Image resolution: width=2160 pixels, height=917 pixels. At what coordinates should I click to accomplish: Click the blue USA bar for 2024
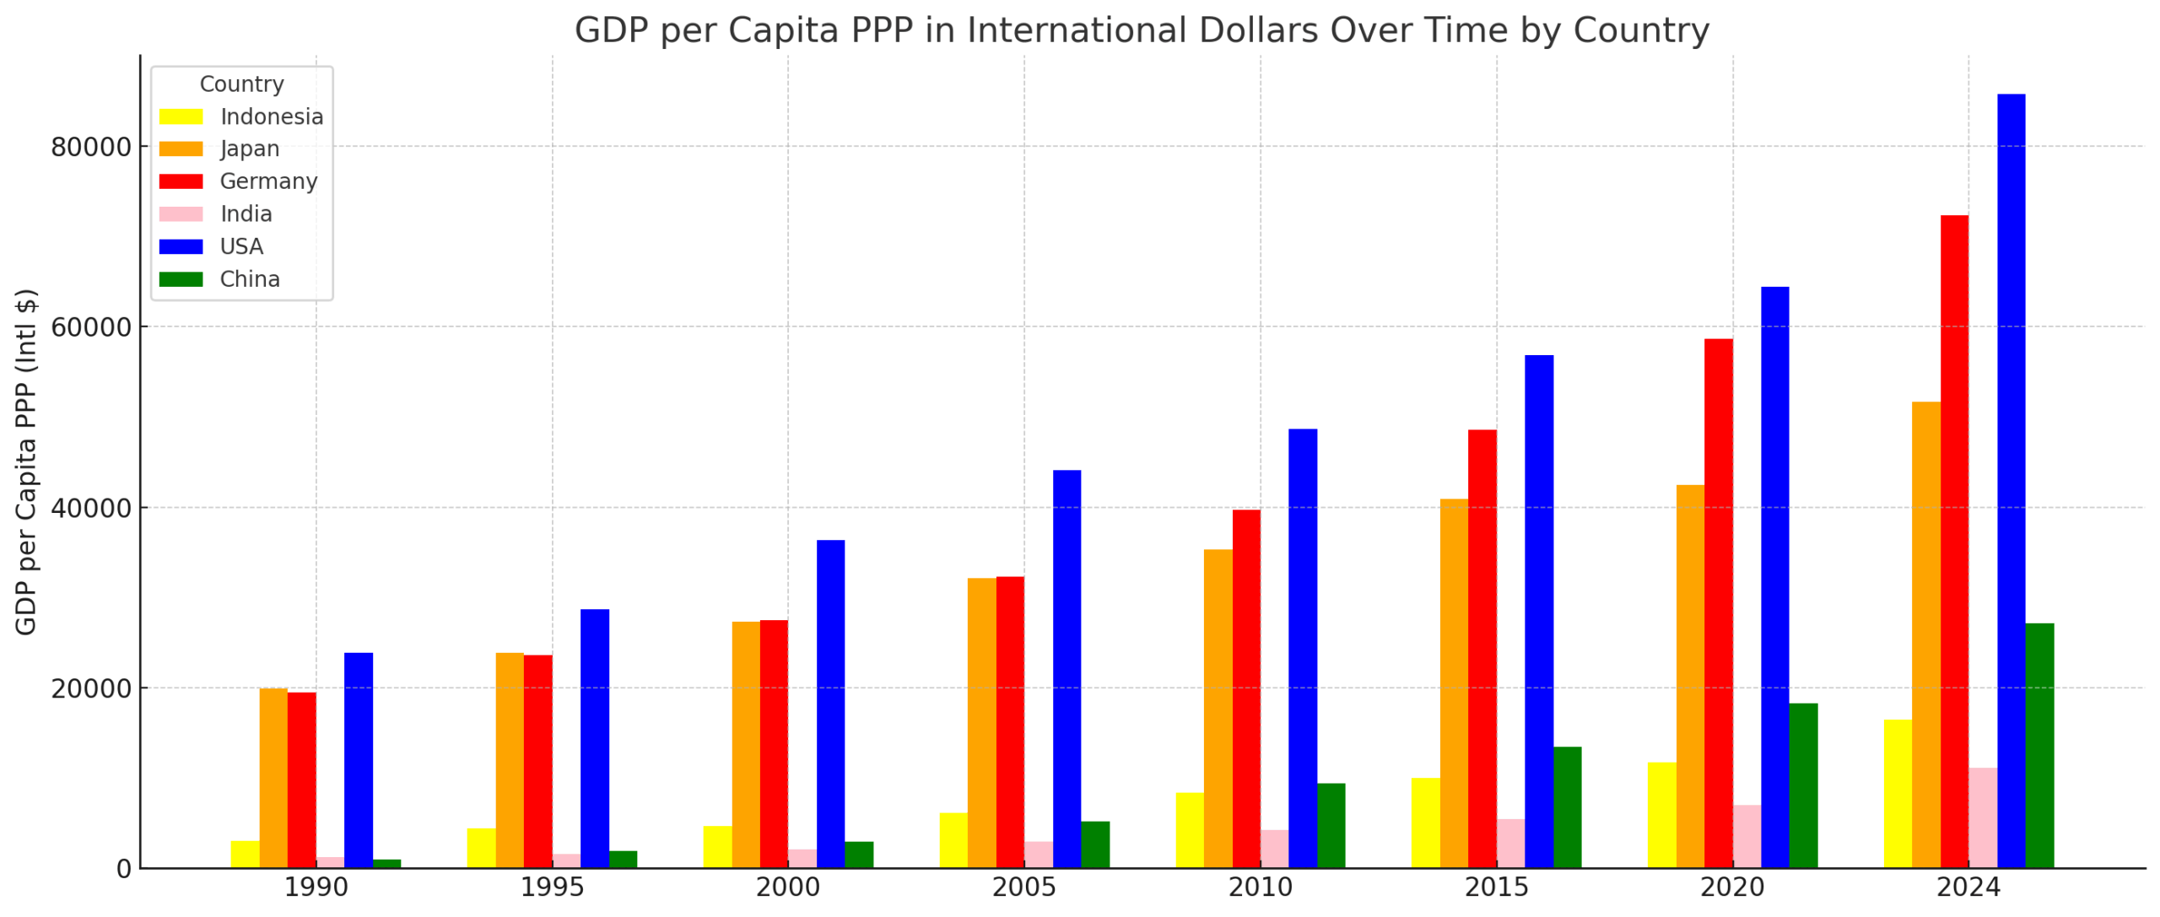tap(2010, 481)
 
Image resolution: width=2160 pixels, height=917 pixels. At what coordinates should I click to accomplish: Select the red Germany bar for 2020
tap(1718, 603)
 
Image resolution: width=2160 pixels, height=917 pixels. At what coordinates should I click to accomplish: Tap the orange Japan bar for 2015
tap(1453, 683)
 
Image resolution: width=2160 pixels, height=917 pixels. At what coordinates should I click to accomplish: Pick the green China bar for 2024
tap(2038, 746)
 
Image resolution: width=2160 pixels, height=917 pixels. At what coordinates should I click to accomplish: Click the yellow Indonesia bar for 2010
tap(1189, 830)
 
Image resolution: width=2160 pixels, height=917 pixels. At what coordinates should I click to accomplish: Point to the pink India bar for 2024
tap(1982, 817)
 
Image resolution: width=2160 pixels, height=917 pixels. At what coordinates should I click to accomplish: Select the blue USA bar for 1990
tap(358, 760)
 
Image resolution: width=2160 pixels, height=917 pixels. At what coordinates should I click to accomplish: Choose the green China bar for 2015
tap(1567, 807)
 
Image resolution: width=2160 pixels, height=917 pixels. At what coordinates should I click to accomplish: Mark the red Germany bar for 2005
tap(1009, 722)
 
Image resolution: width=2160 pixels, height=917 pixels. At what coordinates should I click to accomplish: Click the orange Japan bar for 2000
tap(745, 745)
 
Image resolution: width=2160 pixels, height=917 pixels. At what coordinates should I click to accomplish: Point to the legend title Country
tap(241, 84)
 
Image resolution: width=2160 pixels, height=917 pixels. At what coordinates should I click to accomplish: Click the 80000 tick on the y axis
tap(91, 148)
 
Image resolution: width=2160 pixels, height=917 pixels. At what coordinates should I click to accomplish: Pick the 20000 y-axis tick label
tap(91, 688)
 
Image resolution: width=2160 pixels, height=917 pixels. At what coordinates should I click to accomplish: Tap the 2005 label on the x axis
tap(1023, 887)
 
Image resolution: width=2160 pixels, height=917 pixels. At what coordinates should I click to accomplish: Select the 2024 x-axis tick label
tap(1968, 887)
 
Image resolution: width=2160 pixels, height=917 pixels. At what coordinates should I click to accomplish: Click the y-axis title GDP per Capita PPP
tap(25, 462)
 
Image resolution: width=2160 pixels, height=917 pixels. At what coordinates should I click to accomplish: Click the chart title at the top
tap(1141, 30)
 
